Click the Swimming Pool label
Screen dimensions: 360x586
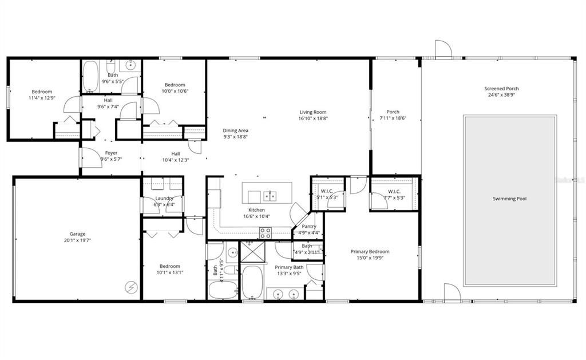509,199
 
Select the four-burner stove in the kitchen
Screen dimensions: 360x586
266,232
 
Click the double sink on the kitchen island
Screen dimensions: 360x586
270,196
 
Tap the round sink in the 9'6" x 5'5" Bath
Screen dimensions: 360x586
131,65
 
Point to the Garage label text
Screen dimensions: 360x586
77,234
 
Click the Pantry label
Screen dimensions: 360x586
309,226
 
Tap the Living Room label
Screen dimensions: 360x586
312,112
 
